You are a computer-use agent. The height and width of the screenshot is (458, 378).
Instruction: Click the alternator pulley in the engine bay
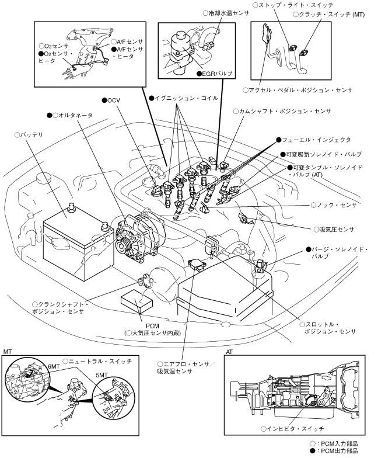(122, 240)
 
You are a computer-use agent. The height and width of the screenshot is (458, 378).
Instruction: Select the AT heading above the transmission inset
(229, 352)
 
